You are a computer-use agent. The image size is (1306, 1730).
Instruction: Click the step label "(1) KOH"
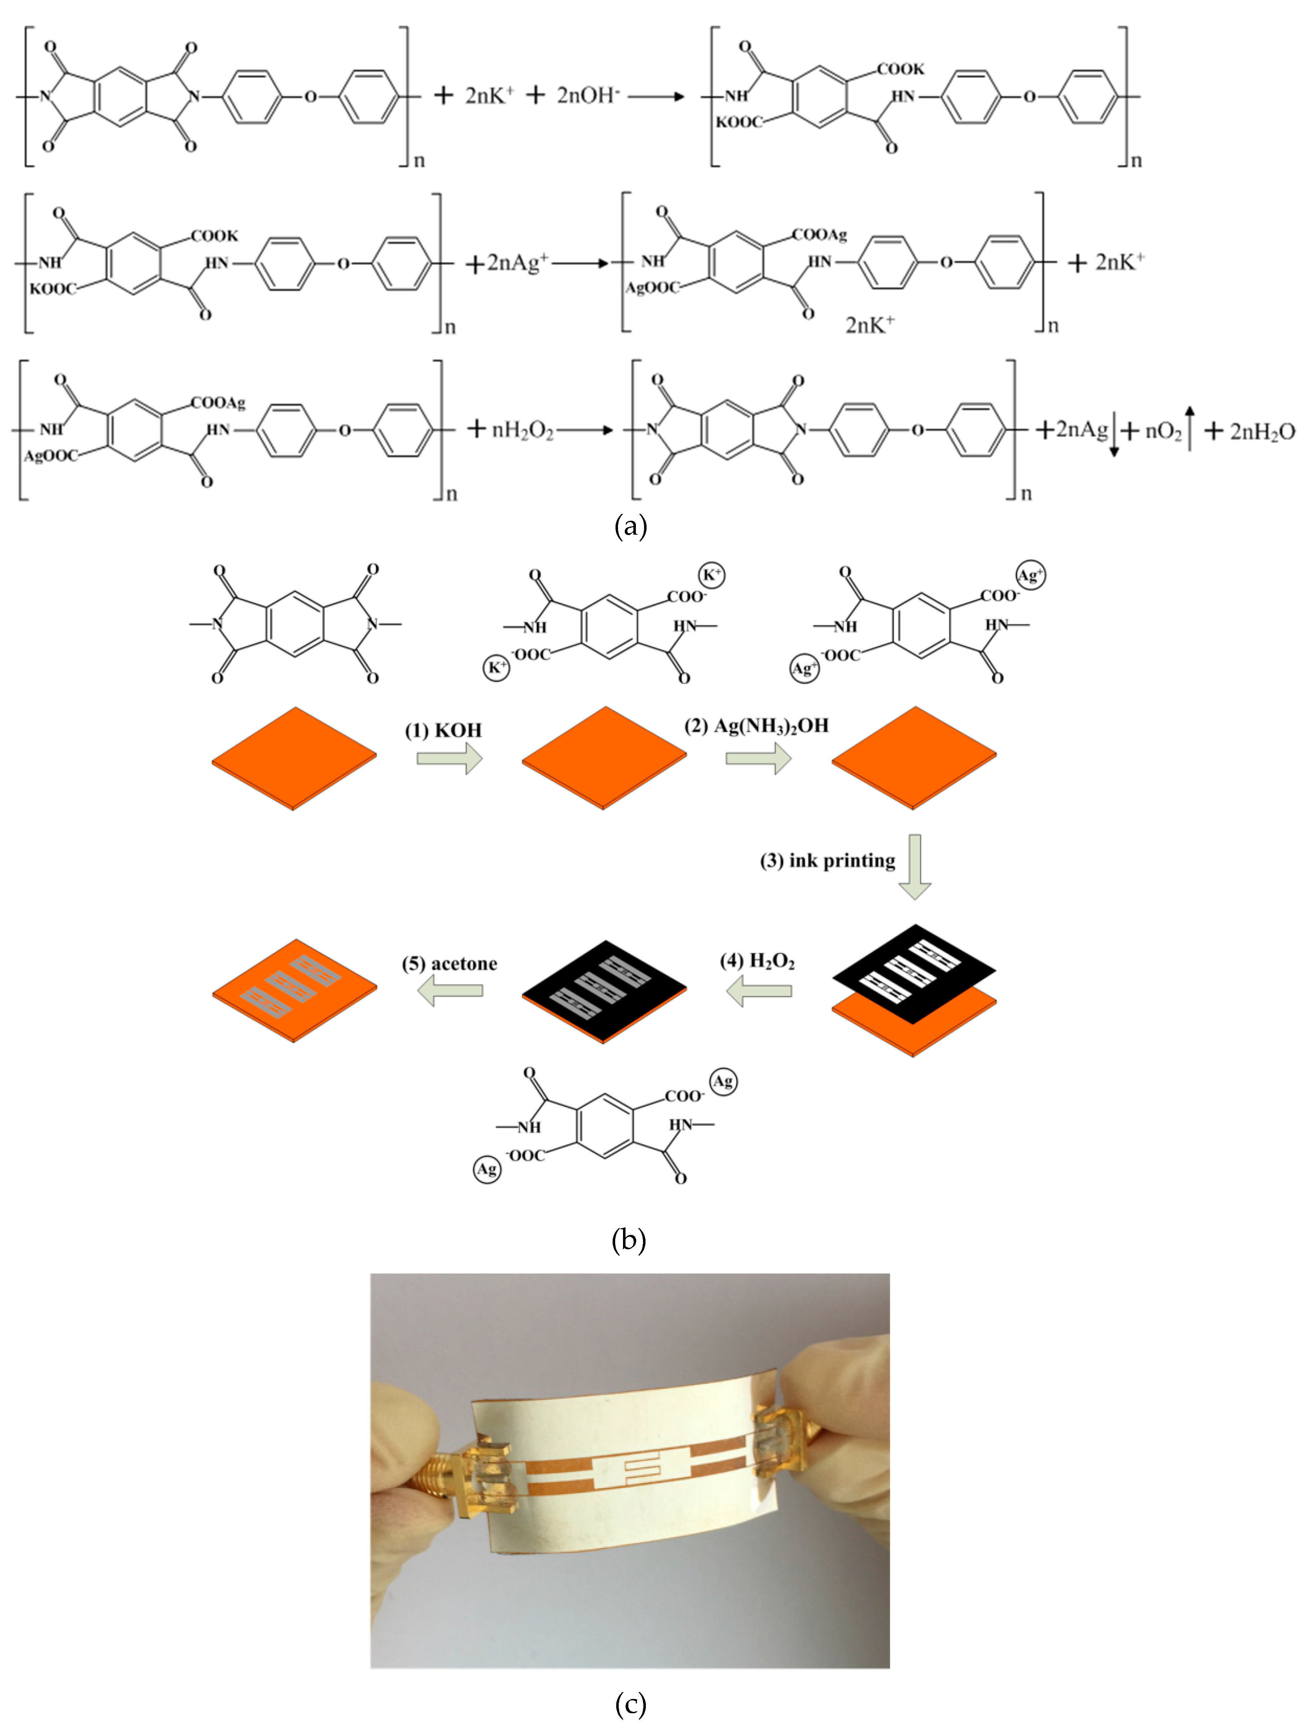(x=443, y=731)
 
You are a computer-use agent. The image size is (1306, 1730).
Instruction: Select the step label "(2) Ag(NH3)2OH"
(x=756, y=726)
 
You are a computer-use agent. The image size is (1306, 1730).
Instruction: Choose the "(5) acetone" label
(x=449, y=964)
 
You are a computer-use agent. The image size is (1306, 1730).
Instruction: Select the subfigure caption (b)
(x=628, y=1240)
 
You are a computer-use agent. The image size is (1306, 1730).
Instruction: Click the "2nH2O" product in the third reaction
(x=1261, y=431)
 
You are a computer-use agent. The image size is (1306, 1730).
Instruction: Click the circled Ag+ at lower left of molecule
(x=804, y=670)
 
